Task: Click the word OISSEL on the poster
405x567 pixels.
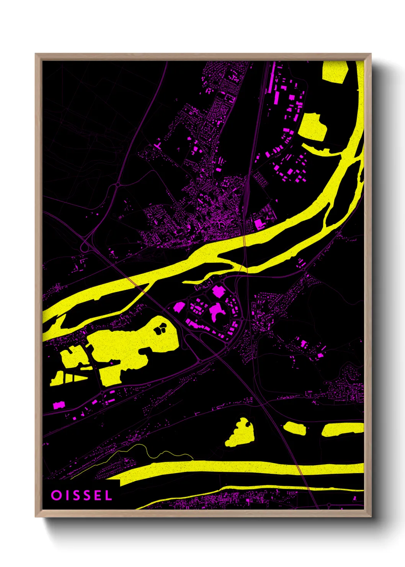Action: [82, 495]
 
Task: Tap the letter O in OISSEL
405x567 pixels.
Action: [56, 495]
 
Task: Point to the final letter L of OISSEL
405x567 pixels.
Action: [108, 495]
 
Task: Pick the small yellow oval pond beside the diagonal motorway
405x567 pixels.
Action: [295, 428]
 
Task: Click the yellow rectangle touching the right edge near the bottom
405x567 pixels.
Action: [342, 429]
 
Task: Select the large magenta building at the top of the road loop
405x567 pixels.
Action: [218, 291]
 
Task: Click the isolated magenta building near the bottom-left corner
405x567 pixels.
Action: [58, 405]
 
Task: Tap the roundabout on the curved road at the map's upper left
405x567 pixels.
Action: [118, 185]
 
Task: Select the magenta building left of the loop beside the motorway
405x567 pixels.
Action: [179, 306]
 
